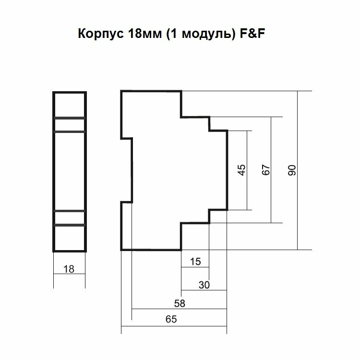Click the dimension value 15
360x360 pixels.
coord(195,262)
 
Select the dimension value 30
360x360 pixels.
coord(204,285)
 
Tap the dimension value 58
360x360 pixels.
coord(180,304)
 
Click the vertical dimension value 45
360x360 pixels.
coord(242,170)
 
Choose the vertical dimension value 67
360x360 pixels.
coord(267,170)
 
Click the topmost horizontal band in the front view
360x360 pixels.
coord(69,118)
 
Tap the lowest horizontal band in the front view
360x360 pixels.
coord(69,225)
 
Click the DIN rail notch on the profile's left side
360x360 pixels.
coord(126,170)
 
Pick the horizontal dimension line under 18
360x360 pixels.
coord(69,275)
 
